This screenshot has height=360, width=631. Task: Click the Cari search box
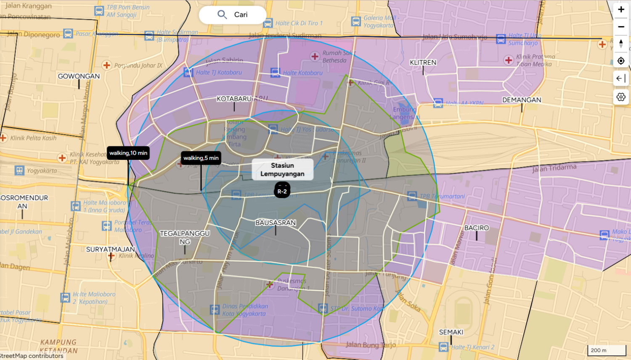point(233,15)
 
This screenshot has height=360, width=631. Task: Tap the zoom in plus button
point(621,10)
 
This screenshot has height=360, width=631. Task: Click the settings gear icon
point(621,97)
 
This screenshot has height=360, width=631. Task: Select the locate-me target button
point(621,61)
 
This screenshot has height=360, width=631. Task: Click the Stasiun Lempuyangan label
point(282,169)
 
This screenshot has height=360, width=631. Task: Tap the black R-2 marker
point(282,191)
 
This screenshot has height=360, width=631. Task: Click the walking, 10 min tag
point(128,153)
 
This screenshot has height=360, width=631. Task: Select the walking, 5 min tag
point(201,158)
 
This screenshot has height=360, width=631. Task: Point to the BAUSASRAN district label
point(276,223)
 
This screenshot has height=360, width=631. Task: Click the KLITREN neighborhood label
point(423,63)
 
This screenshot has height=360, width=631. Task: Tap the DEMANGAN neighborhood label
point(522,100)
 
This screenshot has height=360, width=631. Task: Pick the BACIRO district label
point(477,228)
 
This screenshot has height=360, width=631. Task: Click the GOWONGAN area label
point(79,77)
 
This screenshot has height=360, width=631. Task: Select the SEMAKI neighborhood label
point(451,332)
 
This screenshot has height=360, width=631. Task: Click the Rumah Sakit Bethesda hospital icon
point(315,56)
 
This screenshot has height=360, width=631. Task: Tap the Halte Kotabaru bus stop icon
point(275,73)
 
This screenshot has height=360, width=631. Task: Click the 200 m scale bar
point(606,350)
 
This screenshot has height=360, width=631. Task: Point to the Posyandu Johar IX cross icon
point(107,65)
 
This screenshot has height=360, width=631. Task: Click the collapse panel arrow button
point(621,79)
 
